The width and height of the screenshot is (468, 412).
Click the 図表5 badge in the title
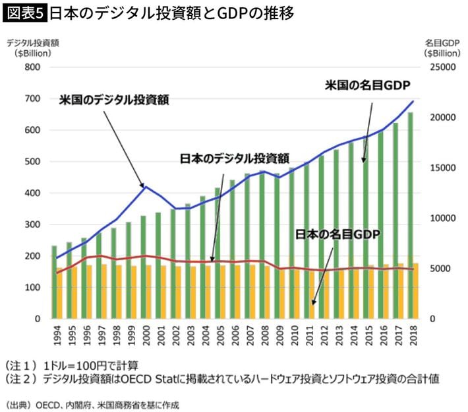(x=25, y=13)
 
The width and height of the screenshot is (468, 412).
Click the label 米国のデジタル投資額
(x=114, y=100)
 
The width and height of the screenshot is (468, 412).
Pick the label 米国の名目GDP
(x=367, y=85)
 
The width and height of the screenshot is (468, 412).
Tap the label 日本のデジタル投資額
(x=235, y=158)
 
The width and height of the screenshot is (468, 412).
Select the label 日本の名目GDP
(x=337, y=234)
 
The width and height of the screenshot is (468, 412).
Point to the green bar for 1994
(x=54, y=277)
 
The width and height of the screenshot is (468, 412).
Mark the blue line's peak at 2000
(x=145, y=187)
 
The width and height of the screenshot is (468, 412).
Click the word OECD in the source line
(x=49, y=403)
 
